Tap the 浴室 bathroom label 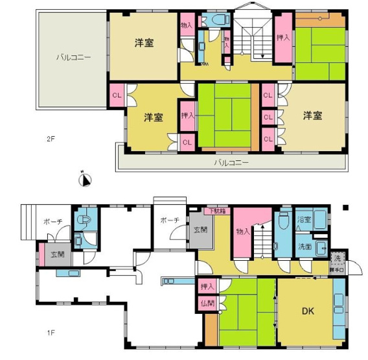coord(304,221)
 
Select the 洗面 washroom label coord(305,246)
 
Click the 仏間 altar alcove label coord(207,303)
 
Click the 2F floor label coord(50,139)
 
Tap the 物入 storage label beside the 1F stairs coord(243,231)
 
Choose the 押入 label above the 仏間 coord(207,286)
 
